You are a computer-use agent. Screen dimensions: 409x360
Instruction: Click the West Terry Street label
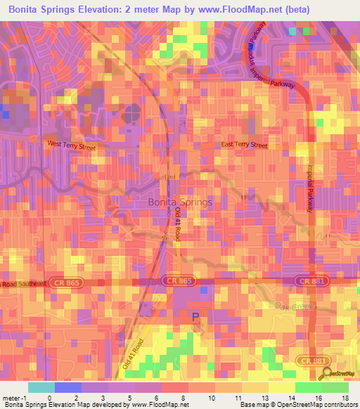(x=70, y=144)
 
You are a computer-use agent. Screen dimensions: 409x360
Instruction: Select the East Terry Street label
(x=244, y=145)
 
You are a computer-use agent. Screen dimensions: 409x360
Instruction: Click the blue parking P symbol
(x=195, y=317)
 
